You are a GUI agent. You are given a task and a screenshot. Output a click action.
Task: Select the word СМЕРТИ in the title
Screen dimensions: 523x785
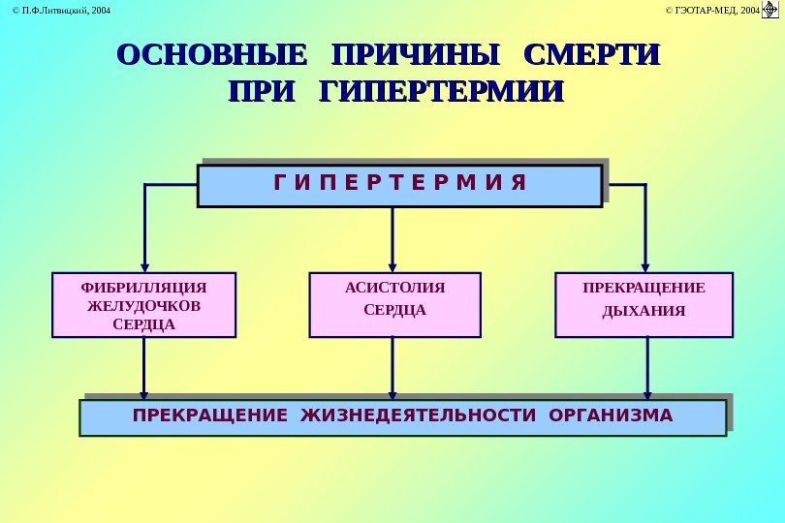(x=589, y=53)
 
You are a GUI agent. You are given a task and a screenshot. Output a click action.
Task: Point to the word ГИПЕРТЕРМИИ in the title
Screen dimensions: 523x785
(x=441, y=94)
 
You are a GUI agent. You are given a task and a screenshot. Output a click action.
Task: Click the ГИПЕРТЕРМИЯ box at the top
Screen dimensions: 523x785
(x=399, y=185)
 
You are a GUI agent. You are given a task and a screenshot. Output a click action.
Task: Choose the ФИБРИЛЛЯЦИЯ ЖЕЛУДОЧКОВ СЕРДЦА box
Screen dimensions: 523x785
(x=143, y=305)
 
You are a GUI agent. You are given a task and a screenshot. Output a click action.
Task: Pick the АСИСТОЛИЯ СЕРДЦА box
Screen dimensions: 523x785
(x=394, y=305)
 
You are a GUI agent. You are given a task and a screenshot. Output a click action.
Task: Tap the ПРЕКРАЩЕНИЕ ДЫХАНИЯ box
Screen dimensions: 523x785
(x=644, y=305)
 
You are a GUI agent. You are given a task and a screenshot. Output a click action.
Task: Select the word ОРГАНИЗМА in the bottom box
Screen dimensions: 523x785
(x=610, y=416)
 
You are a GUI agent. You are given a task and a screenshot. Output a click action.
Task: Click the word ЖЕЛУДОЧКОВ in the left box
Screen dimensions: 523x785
(x=143, y=306)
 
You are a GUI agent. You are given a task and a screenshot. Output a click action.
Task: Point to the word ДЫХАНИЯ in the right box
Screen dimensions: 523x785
(x=644, y=312)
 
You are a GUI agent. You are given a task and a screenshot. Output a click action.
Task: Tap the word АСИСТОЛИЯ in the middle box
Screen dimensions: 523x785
(x=394, y=288)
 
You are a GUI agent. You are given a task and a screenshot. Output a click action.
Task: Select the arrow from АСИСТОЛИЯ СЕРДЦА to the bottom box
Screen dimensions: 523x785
(x=392, y=368)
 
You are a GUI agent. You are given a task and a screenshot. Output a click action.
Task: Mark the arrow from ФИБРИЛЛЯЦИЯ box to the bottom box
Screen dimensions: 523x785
(x=144, y=368)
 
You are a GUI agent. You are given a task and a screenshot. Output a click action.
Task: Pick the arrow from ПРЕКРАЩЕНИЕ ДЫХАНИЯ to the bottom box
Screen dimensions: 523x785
(x=647, y=368)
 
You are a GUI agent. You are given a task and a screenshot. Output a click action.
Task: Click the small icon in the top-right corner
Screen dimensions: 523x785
(x=770, y=10)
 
